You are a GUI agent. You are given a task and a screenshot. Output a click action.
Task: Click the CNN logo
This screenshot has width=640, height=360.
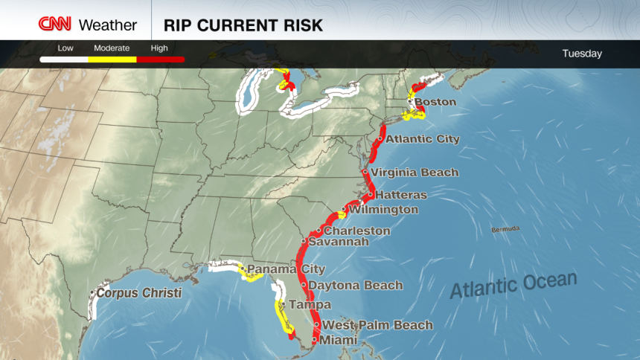tap(56, 25)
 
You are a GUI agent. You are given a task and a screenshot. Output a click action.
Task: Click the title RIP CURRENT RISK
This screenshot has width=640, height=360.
tap(243, 25)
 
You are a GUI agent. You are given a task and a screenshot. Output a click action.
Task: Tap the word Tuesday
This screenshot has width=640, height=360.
tap(582, 54)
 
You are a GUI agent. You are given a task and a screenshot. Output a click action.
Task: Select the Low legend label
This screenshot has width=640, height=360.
tap(65, 48)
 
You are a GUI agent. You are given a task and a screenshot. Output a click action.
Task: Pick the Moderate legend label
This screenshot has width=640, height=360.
tap(112, 48)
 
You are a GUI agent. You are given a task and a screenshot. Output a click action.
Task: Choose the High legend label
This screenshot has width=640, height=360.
tap(159, 48)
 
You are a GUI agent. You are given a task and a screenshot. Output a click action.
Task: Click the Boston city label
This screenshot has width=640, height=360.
tap(435, 102)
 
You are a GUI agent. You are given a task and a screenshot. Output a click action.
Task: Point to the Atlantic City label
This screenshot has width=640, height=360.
tap(423, 139)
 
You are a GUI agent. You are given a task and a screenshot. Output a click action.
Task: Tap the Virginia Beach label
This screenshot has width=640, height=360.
tap(415, 173)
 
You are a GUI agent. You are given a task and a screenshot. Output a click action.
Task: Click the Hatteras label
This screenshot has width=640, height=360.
tap(401, 195)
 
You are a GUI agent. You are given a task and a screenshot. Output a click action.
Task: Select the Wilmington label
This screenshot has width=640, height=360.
tap(384, 210)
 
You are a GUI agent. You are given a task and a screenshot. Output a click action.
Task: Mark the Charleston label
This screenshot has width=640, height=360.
tap(357, 231)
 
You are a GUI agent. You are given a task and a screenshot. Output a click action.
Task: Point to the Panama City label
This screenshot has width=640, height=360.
tap(286, 269)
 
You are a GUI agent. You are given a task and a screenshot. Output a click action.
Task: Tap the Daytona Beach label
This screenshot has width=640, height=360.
tap(355, 286)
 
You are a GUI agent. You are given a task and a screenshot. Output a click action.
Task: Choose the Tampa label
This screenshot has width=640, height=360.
tap(310, 305)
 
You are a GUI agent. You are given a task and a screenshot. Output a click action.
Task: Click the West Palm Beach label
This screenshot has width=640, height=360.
tap(377, 325)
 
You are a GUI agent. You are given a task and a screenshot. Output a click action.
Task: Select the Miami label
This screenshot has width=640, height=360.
tap(339, 340)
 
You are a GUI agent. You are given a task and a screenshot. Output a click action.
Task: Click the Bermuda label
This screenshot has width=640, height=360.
tap(505, 229)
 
